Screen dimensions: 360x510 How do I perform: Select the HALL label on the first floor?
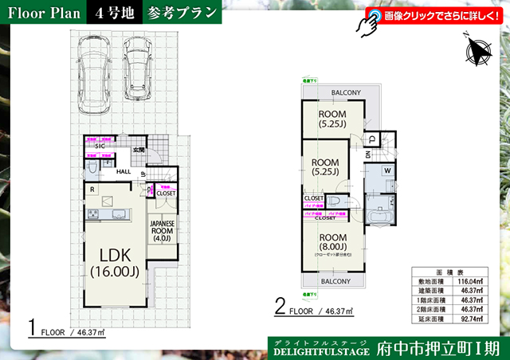pyautogui.click(x=124, y=170)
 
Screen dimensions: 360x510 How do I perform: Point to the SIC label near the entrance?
pyautogui.click(x=100, y=147)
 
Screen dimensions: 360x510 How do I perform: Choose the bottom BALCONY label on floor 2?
pyautogui.click(x=335, y=281)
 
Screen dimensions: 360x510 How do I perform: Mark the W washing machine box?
pyautogui.click(x=386, y=170)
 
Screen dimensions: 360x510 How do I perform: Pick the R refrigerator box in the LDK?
pyautogui.click(x=93, y=190)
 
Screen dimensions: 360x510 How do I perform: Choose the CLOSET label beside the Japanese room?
pyautogui.click(x=166, y=193)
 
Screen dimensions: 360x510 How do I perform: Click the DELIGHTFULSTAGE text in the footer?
pyautogui.click(x=321, y=350)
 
